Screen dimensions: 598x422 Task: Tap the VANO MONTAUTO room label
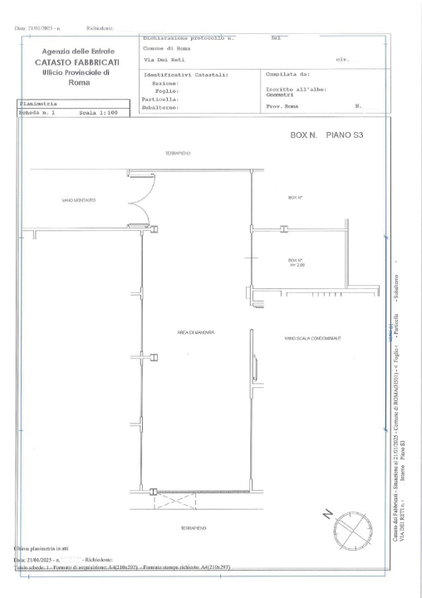(78, 199)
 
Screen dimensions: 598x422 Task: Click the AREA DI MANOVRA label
(195, 332)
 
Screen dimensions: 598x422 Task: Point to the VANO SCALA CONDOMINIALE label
(312, 339)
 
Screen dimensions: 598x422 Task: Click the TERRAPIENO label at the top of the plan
(179, 154)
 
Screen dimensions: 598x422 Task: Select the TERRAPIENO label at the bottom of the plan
(193, 527)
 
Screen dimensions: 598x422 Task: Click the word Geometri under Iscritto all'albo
(281, 96)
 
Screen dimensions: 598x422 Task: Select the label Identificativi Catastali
(185, 75)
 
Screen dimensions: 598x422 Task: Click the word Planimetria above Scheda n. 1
(39, 103)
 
